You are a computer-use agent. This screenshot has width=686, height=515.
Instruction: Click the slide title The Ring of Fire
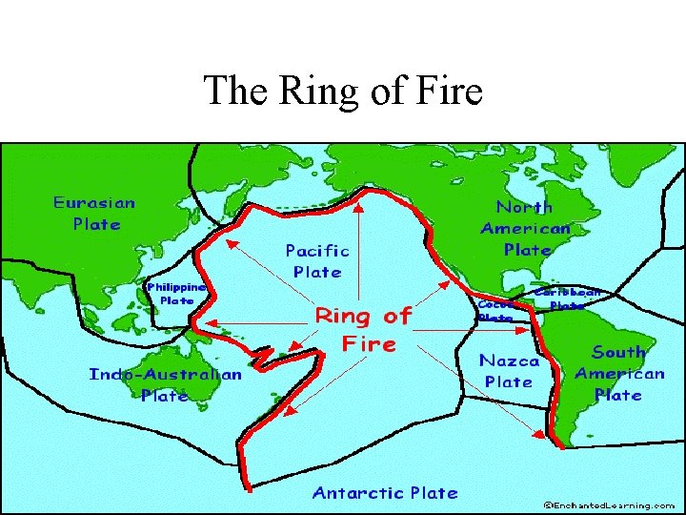(x=343, y=92)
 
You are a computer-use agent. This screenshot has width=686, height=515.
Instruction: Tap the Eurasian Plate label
(x=94, y=214)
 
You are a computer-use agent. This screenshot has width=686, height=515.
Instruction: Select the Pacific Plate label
(x=317, y=260)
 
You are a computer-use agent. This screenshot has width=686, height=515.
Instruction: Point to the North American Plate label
(x=526, y=228)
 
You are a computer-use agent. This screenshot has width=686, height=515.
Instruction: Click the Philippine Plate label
(x=176, y=293)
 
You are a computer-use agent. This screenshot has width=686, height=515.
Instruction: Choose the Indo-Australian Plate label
(x=165, y=384)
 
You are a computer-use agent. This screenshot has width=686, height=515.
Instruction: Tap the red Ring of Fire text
(x=364, y=328)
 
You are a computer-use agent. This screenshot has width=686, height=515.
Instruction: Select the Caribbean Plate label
(x=568, y=299)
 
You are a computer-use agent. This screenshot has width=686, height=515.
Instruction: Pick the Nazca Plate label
(x=509, y=371)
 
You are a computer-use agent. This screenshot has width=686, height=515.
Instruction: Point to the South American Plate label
(x=619, y=373)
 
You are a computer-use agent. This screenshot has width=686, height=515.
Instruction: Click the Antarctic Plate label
(x=385, y=493)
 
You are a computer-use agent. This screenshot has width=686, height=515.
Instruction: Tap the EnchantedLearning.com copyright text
(x=610, y=505)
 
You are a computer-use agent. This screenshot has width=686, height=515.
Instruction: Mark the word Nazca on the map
(x=509, y=361)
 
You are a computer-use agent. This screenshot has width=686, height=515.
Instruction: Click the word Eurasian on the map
(x=94, y=203)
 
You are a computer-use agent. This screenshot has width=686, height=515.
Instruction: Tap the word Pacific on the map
(x=317, y=251)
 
